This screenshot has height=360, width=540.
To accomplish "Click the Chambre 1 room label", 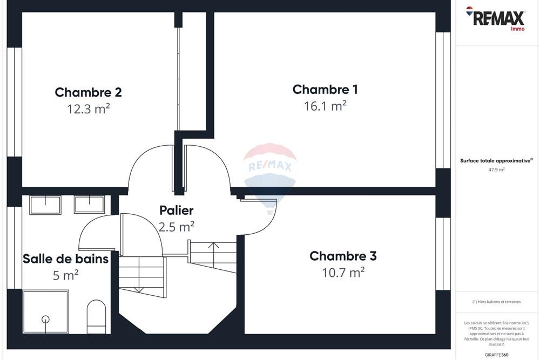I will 325,90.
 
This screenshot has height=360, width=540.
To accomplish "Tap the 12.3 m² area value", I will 89,109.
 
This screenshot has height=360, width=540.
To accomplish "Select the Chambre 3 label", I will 343,256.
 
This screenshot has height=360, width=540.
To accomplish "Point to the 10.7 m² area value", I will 343,273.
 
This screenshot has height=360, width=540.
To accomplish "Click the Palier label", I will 176,210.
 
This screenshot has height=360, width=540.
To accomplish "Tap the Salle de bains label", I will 65,259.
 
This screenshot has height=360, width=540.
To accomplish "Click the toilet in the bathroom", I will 97,316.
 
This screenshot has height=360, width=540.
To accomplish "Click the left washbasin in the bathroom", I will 45,205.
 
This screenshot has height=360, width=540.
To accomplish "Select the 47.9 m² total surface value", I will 496,169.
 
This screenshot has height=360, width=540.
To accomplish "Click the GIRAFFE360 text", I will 497,355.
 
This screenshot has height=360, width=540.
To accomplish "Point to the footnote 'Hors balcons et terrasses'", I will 496,302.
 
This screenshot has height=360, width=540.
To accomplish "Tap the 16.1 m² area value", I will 325,106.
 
